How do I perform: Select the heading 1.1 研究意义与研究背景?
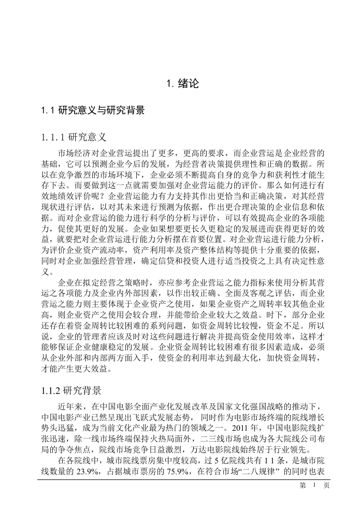93,110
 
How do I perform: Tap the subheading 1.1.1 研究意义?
74,137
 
